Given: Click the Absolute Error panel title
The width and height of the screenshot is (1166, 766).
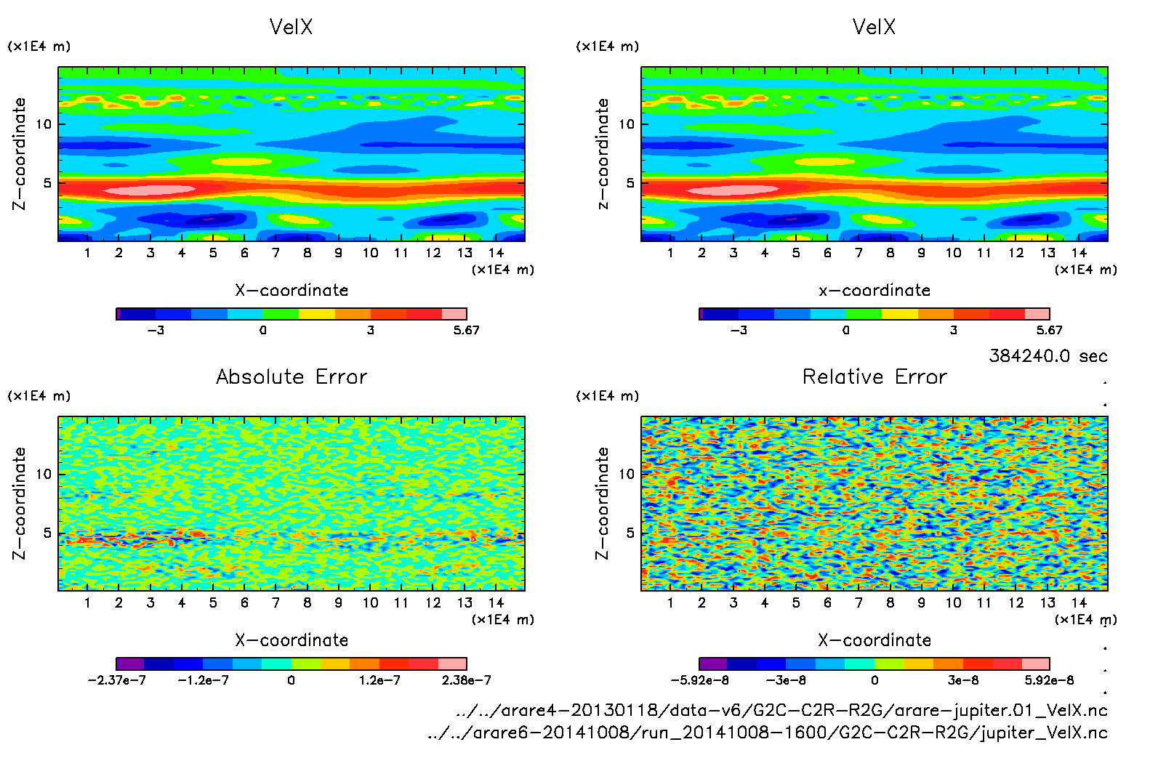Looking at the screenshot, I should [x=291, y=377].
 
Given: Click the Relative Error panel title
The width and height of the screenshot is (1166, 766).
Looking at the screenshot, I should [x=874, y=377].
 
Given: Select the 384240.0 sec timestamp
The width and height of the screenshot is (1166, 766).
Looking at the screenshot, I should [x=1048, y=356].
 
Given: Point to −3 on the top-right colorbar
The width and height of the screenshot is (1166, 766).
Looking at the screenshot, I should [x=738, y=330].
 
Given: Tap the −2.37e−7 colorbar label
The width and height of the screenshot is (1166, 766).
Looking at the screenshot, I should [x=116, y=680].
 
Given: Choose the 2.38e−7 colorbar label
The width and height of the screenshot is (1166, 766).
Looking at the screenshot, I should [x=466, y=680].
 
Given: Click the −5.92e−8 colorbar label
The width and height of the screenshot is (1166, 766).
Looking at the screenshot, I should [x=699, y=680].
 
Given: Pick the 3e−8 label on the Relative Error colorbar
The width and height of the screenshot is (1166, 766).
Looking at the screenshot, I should [x=962, y=680].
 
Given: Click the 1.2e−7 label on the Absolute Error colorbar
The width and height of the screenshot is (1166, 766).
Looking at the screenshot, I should [x=379, y=680].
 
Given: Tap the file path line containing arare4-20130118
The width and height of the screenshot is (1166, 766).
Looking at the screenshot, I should [x=781, y=710].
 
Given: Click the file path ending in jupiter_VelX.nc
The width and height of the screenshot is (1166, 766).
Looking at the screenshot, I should [x=768, y=733].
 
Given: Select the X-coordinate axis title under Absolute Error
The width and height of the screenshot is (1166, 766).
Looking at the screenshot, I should [x=291, y=640].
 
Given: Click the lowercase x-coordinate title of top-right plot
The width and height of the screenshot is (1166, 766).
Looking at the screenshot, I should [x=874, y=291].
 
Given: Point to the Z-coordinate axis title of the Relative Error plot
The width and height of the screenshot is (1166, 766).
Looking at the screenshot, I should [x=602, y=503].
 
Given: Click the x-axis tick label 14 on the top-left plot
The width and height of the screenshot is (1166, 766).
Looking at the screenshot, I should [x=496, y=253].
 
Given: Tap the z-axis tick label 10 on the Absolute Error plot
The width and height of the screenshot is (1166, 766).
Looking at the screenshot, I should [x=44, y=474].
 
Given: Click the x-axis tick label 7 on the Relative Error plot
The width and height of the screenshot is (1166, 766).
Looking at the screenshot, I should [x=859, y=602].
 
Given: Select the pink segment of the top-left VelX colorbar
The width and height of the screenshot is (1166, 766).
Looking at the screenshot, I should [x=454, y=314].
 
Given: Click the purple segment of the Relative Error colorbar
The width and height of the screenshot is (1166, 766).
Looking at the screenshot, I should [x=713, y=664].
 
